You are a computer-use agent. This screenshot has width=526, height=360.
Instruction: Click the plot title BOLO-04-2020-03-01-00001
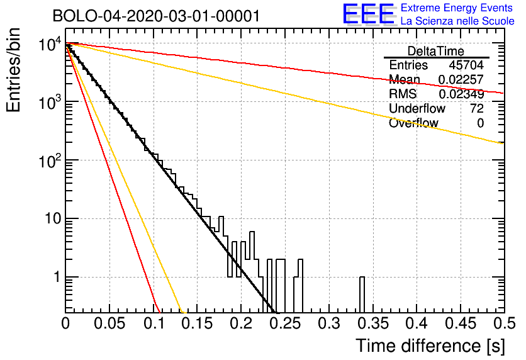[156, 16]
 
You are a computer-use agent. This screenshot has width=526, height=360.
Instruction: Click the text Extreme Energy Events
[457, 8]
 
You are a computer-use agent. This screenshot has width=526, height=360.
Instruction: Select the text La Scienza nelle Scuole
[457, 21]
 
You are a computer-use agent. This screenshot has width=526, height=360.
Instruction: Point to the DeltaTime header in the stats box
[436, 51]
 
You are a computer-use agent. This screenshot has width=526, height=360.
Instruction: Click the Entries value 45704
[466, 65]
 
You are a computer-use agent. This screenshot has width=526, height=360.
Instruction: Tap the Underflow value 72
[476, 109]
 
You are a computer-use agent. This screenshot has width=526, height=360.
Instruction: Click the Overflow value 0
[480, 123]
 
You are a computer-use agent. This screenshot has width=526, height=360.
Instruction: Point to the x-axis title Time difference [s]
[429, 346]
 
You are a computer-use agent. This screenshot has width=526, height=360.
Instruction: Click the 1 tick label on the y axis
[55, 278]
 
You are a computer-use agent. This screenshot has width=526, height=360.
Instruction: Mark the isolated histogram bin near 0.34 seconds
[362, 294]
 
